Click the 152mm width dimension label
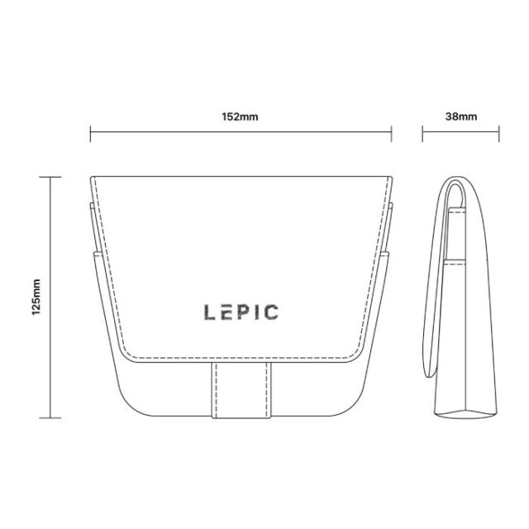240,117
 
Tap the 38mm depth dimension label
461,117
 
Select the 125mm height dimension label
36,298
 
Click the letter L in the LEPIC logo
209,312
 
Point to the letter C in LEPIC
271,312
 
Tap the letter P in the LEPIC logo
242,312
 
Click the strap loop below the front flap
241,390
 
